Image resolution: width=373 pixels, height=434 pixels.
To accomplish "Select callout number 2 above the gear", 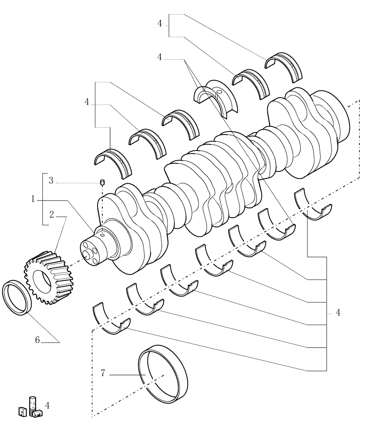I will coord(51,214).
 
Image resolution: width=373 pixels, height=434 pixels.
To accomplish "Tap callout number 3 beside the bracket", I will coord(51,181).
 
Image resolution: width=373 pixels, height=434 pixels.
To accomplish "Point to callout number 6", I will coord(38,341).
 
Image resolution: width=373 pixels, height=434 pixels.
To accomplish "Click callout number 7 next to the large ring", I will coord(103,373).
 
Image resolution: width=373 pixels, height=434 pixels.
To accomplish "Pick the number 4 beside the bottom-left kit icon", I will coord(47,405).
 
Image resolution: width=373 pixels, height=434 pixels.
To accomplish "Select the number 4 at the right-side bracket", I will coord(337,312).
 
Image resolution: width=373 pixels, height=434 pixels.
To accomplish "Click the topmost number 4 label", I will coord(160,24).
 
